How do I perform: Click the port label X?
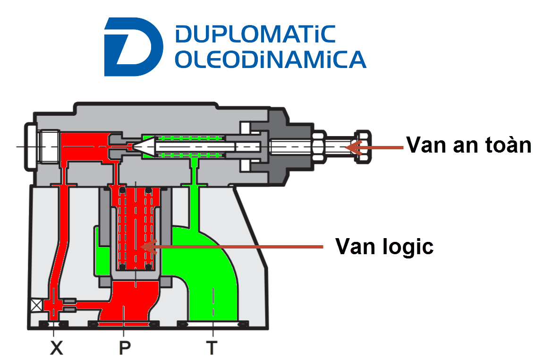click(57, 348)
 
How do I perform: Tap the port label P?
click(125, 348)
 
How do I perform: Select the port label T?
click(212, 348)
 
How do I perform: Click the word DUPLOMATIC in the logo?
click(255, 34)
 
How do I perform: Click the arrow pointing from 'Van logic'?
click(231, 247)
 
